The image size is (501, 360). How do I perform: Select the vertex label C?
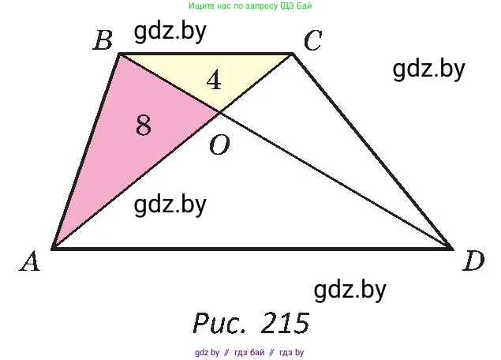tap(312, 40)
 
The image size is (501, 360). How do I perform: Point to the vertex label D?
tap(473, 261)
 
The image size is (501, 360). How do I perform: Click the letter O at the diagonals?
tap(219, 144)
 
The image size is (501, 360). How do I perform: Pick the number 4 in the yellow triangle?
tap(213, 79)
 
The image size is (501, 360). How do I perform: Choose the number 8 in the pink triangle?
tap(143, 125)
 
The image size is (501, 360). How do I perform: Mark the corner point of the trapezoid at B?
tap(120, 54)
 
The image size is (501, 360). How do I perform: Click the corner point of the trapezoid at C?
tap(293, 54)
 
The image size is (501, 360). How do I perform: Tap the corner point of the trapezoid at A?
tap(52, 249)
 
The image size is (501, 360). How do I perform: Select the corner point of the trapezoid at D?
tap(452, 249)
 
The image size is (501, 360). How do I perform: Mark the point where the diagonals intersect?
tap(219, 113)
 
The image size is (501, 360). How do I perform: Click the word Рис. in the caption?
tap(221, 322)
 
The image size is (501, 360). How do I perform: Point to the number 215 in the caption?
tap(282, 322)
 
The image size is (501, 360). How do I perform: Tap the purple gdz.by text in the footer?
tap(206, 352)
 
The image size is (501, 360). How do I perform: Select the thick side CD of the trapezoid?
tap(372, 152)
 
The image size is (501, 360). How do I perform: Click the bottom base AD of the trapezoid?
tap(252, 249)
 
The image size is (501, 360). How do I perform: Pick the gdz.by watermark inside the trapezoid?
tap(170, 204)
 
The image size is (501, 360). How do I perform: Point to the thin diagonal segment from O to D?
tap(335, 181)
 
